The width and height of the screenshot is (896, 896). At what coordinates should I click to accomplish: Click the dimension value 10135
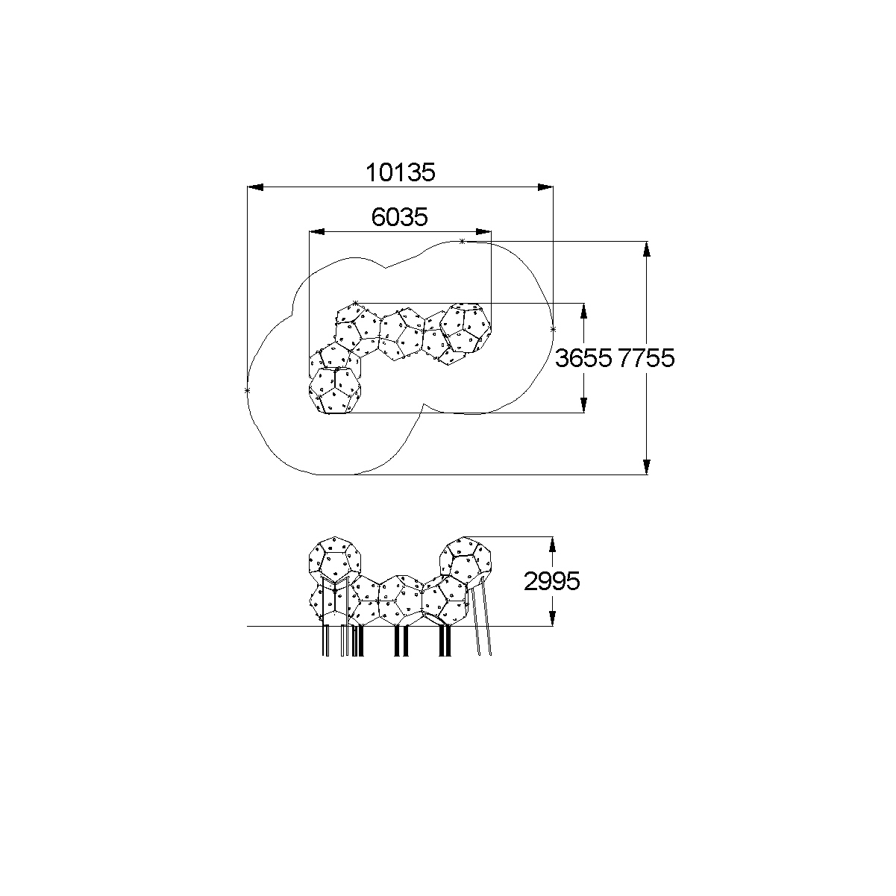click(401, 172)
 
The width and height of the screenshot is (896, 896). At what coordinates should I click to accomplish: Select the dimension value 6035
click(399, 216)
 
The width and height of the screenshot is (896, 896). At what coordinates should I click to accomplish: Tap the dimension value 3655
click(583, 358)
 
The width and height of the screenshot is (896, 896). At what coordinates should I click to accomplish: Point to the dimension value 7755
click(646, 358)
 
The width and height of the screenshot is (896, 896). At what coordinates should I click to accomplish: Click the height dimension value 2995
click(552, 581)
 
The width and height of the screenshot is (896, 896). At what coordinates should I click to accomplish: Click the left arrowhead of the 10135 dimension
click(255, 187)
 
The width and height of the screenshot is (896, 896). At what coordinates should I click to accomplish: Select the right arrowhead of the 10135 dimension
click(545, 187)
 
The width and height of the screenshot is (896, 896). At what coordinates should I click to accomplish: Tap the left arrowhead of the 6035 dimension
click(317, 231)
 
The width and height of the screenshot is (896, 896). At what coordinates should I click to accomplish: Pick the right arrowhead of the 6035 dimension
click(483, 231)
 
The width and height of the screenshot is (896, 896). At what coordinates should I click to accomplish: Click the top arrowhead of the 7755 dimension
click(646, 249)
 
